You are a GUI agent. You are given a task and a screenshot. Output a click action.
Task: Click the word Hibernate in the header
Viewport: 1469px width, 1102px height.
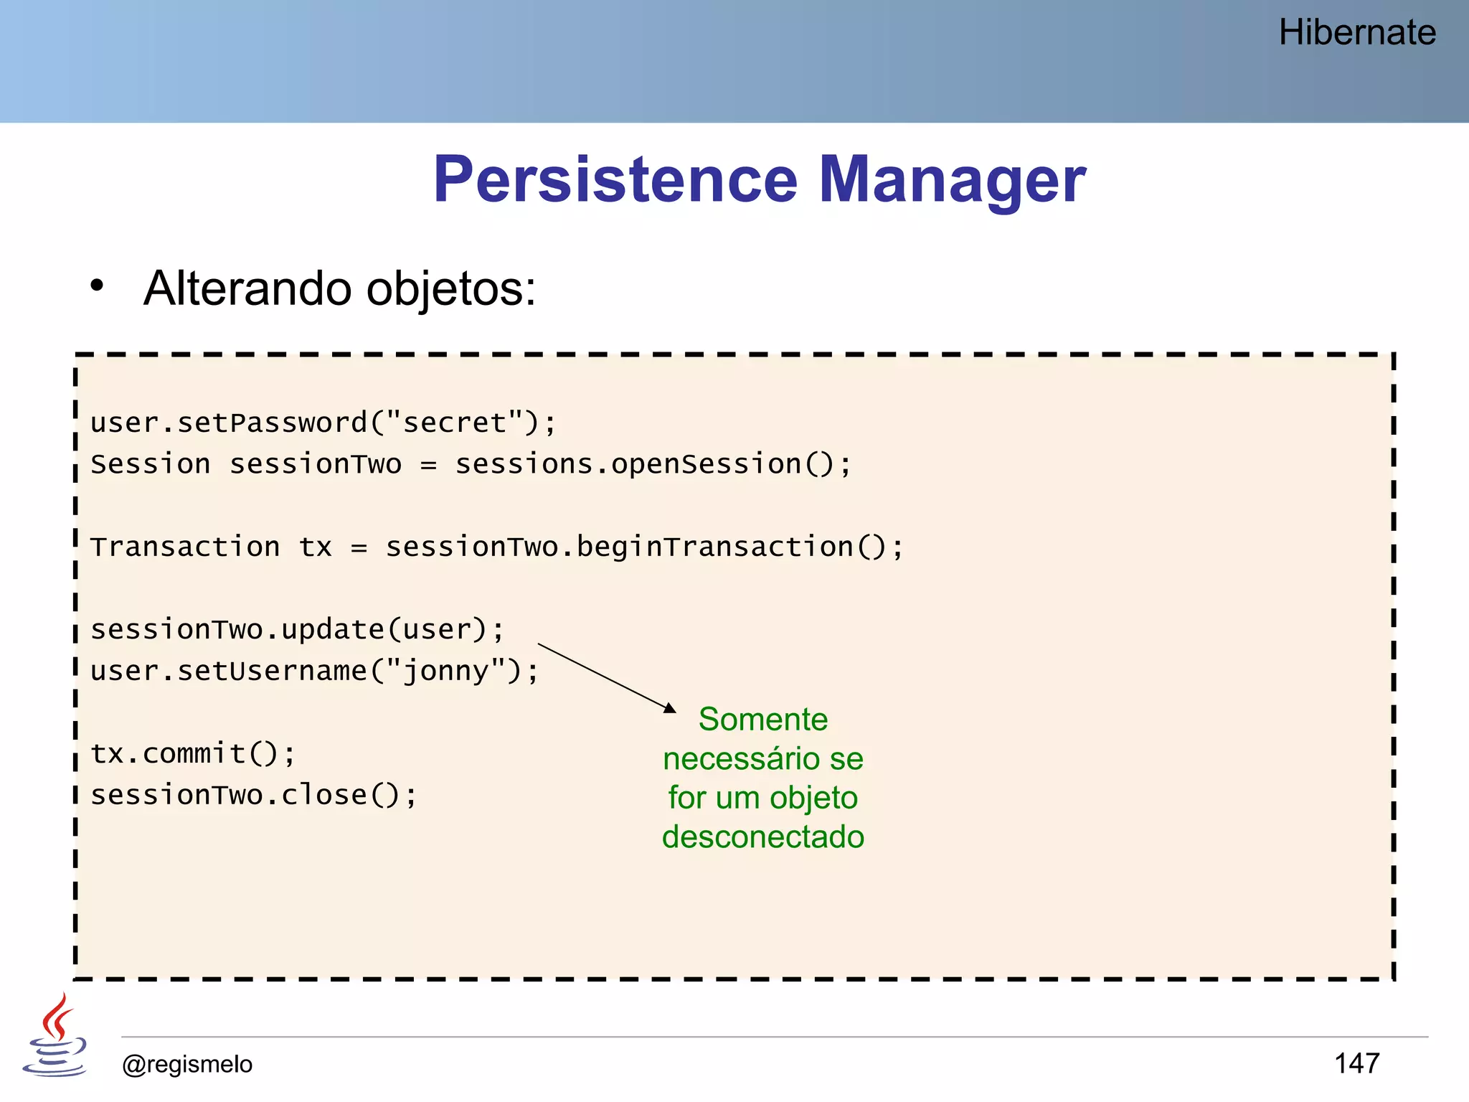point(1356,33)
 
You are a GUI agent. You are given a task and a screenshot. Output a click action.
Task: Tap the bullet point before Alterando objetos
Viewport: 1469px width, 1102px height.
point(97,286)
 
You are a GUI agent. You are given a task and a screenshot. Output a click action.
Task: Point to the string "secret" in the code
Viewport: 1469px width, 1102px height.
point(455,423)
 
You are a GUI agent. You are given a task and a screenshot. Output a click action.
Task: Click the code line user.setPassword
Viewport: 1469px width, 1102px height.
point(323,423)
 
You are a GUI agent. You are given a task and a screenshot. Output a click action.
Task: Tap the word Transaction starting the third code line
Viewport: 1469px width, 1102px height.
point(185,547)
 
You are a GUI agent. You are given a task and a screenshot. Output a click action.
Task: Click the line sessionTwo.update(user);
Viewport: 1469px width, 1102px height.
point(298,630)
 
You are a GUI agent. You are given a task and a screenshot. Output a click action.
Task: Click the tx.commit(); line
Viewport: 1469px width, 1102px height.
point(192,754)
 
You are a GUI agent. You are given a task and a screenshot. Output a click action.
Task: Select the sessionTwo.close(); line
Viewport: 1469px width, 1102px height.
point(253,795)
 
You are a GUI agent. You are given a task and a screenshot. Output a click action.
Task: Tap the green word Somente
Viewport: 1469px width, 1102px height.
point(762,720)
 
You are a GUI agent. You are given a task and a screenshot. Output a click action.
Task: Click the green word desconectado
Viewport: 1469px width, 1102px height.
point(762,837)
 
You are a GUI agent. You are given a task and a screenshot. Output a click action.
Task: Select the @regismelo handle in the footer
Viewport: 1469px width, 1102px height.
point(187,1064)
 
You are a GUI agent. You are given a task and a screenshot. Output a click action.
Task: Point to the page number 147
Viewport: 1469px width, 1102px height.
point(1356,1063)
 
